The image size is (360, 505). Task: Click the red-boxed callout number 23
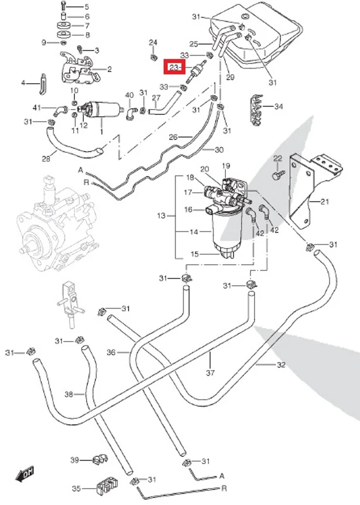pyautogui.click(x=174, y=67)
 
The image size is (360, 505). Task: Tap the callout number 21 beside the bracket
pyautogui.click(x=325, y=202)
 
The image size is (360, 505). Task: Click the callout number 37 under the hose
pyautogui.click(x=210, y=373)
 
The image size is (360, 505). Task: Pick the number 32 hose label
pyautogui.click(x=281, y=364)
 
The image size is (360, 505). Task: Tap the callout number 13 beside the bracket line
pyautogui.click(x=161, y=216)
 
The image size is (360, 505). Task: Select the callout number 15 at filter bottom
pyautogui.click(x=195, y=254)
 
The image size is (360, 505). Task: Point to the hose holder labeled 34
pyautogui.click(x=257, y=110)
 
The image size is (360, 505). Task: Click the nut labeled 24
pyautogui.click(x=153, y=58)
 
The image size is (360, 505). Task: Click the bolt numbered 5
pyautogui.click(x=63, y=6)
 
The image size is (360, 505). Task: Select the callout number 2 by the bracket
pyautogui.click(x=109, y=69)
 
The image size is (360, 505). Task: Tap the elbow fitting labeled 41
pyautogui.click(x=60, y=111)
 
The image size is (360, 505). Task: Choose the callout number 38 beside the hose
pyautogui.click(x=69, y=394)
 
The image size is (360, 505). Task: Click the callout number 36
pyautogui.click(x=111, y=352)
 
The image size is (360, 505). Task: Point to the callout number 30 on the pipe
pyautogui.click(x=219, y=150)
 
